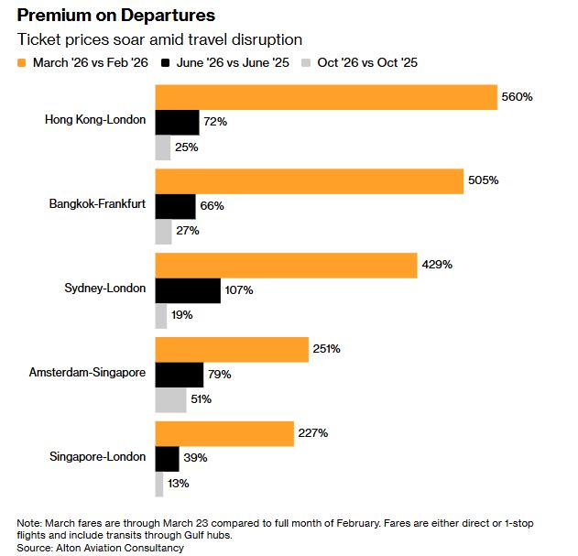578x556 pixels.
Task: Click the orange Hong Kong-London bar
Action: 326,97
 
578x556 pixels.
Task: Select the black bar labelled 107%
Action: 188,291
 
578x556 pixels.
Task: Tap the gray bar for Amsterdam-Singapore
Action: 170,400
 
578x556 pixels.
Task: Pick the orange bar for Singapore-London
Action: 224,434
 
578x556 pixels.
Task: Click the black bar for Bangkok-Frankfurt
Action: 176,206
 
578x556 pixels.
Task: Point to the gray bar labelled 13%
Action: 159,485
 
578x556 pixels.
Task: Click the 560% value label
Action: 518,97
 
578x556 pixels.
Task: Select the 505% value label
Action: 484,180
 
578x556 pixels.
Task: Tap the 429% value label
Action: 437,265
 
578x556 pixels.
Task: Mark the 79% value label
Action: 219,375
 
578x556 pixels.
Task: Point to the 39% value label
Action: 195,458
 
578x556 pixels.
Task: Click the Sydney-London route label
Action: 105,289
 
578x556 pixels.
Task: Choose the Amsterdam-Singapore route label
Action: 87,373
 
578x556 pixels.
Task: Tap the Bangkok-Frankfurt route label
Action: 97,204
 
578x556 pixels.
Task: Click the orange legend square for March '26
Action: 22,63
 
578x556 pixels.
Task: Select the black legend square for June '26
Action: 165,63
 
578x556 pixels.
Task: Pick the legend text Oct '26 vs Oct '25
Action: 367,62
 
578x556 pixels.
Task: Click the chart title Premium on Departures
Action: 116,16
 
